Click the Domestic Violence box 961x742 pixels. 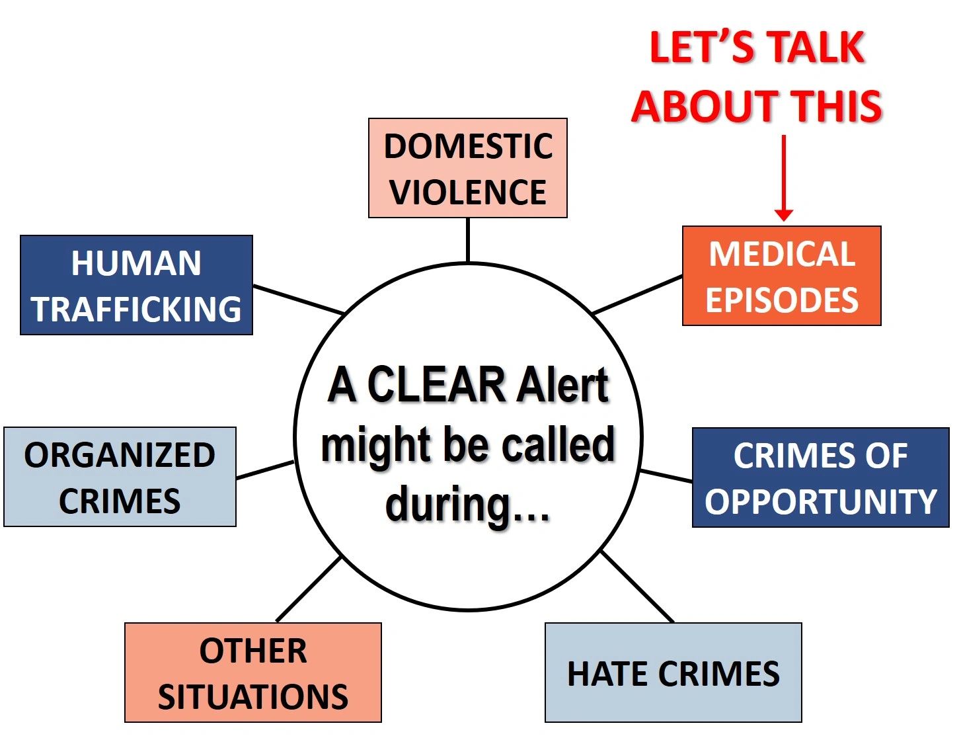(468, 168)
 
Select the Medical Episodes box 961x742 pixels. (781, 276)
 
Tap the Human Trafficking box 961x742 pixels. (136, 285)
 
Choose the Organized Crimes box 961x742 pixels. (120, 477)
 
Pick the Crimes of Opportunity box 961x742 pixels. (820, 477)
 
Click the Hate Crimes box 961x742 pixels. (673, 673)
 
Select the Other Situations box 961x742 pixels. (253, 673)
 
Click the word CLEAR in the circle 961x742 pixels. (436, 385)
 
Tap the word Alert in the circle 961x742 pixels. (563, 385)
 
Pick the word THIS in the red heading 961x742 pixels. (837, 106)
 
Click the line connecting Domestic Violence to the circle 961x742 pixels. (468, 241)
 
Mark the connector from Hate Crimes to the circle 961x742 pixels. (637, 587)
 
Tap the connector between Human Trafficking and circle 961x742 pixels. (299, 300)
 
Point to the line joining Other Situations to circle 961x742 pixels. (309, 589)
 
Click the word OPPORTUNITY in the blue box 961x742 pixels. (820, 501)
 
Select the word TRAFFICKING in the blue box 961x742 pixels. (136, 309)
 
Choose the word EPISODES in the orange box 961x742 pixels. (781, 300)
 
